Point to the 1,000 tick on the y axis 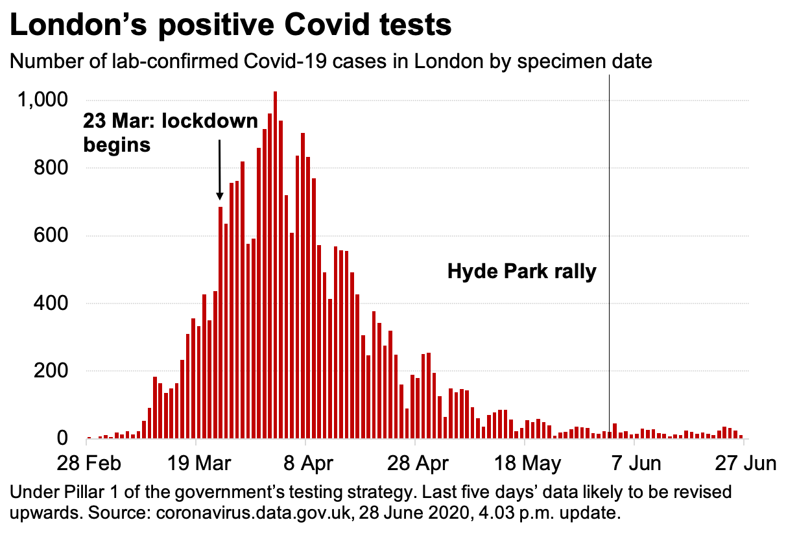pyautogui.click(x=42, y=101)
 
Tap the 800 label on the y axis pyautogui.click(x=51, y=168)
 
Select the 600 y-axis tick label pyautogui.click(x=51, y=236)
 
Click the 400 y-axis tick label pyautogui.click(x=51, y=303)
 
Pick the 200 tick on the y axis pyautogui.click(x=51, y=371)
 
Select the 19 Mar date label pyautogui.click(x=195, y=464)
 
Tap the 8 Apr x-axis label pyautogui.click(x=305, y=464)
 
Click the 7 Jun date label pyautogui.click(x=637, y=464)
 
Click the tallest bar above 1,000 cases pyautogui.click(x=275, y=259)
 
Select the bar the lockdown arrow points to pyautogui.click(x=220, y=324)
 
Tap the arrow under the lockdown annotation pyautogui.click(x=220, y=169)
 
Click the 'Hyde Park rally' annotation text pyautogui.click(x=521, y=271)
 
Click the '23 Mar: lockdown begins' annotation pyautogui.click(x=170, y=133)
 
